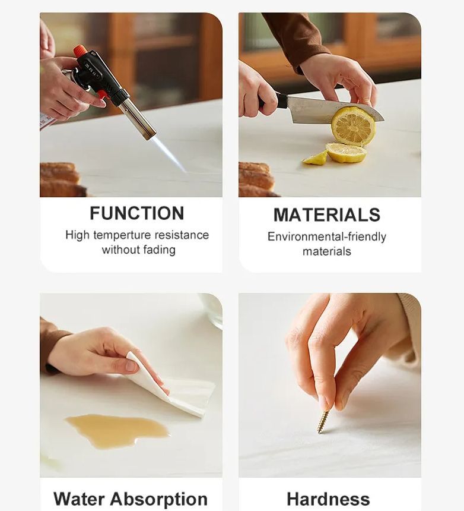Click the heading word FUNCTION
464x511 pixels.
[137, 213]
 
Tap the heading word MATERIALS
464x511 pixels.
[327, 215]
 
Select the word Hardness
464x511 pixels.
[328, 499]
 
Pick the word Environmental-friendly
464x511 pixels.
[327, 237]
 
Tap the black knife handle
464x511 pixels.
[272, 100]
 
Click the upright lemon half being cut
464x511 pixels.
[353, 126]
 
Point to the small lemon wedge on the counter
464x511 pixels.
[316, 158]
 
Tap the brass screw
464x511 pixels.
[324, 421]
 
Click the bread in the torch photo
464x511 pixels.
[62, 179]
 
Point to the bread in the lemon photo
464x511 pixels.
[256, 179]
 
